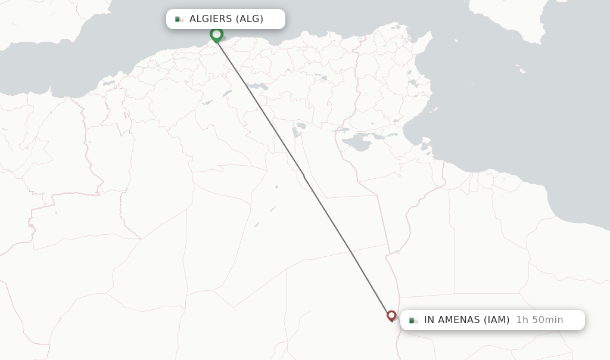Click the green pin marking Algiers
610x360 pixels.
(x=216, y=35)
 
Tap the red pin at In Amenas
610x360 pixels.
(x=391, y=315)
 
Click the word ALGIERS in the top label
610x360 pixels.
(x=211, y=19)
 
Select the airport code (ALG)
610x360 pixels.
(x=250, y=19)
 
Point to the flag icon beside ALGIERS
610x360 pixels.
(x=179, y=19)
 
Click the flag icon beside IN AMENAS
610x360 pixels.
(x=413, y=320)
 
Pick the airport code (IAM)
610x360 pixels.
(x=496, y=320)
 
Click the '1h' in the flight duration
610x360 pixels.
(x=522, y=320)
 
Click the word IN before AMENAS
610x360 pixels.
(x=430, y=320)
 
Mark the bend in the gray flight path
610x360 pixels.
(x=303, y=175)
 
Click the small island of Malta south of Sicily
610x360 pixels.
(x=522, y=71)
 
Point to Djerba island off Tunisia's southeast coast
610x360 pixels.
(x=425, y=145)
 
